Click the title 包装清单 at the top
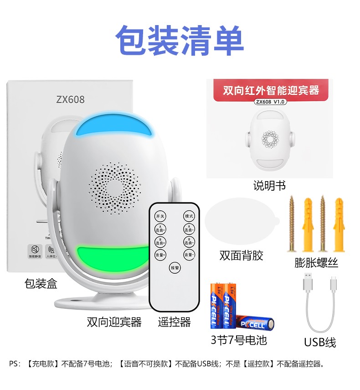(180, 41)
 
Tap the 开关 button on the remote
(160, 216)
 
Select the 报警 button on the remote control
(175, 267)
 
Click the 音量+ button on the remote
(160, 255)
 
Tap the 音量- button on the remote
(189, 255)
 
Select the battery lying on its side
(256, 323)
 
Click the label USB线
(320, 342)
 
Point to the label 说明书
(269, 186)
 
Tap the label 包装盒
(41, 284)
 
